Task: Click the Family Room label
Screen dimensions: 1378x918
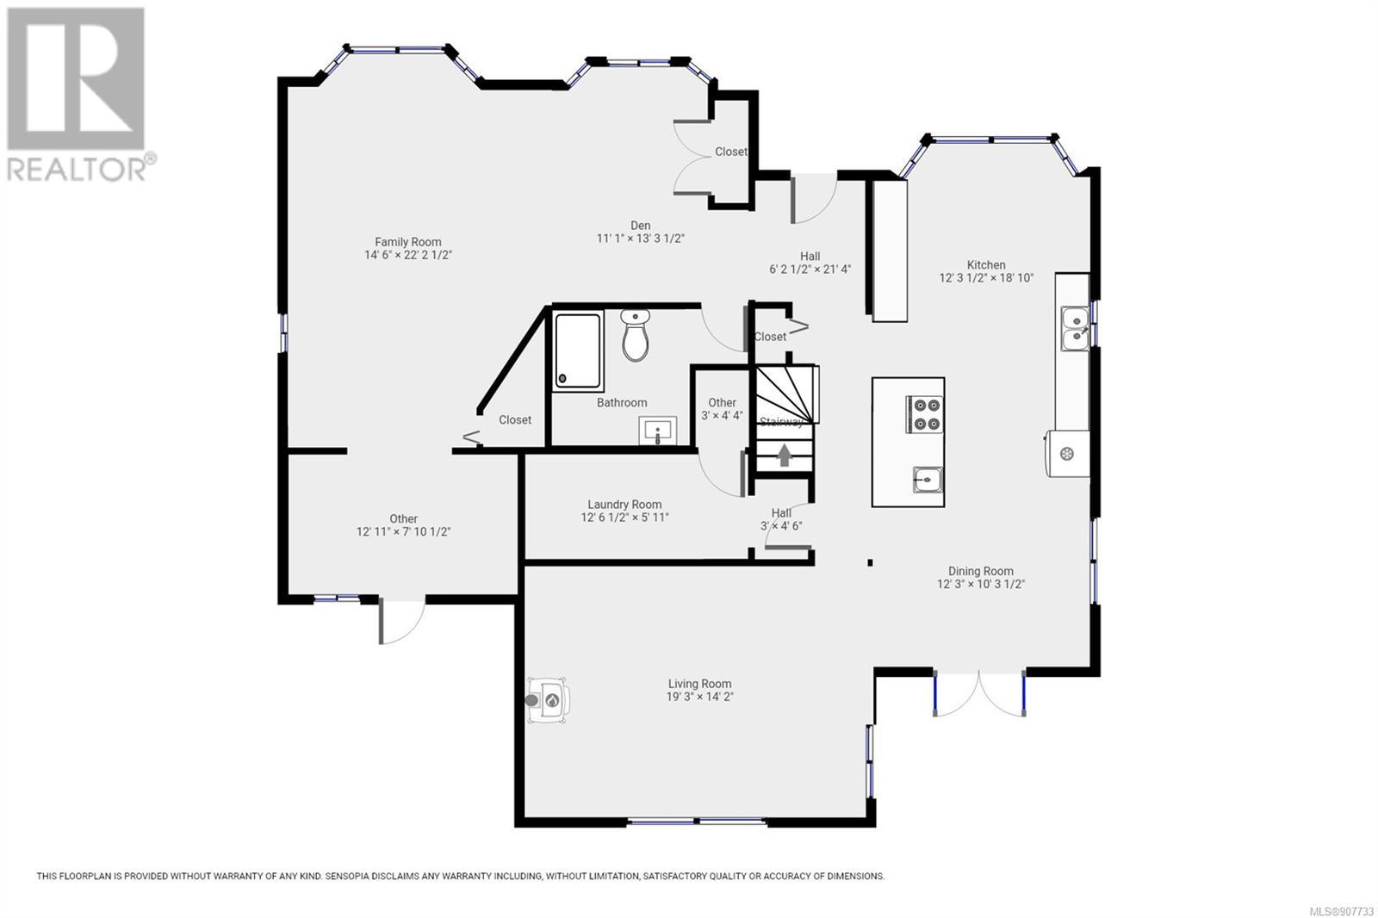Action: click(x=408, y=242)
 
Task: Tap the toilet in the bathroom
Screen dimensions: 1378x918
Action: click(x=635, y=335)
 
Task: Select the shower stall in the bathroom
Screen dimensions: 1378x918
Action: click(x=578, y=351)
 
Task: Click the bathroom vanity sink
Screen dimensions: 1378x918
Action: click(x=658, y=430)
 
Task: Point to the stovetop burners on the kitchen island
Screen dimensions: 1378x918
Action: click(x=925, y=414)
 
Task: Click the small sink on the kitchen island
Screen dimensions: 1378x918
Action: click(x=927, y=480)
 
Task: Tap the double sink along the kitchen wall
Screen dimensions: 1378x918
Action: click(x=1075, y=329)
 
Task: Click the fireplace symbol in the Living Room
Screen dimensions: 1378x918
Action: click(x=547, y=700)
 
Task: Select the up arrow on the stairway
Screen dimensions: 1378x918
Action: click(x=784, y=456)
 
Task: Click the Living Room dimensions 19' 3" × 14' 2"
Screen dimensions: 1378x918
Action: click(x=699, y=697)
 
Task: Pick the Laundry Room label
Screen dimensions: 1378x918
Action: click(x=624, y=505)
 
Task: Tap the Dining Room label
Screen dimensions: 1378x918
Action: click(x=981, y=571)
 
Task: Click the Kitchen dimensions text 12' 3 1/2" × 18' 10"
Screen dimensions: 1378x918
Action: click(x=986, y=277)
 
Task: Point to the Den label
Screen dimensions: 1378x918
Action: click(x=641, y=225)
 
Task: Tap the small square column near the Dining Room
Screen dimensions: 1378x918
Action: click(x=870, y=562)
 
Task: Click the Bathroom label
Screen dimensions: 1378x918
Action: click(x=622, y=402)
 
